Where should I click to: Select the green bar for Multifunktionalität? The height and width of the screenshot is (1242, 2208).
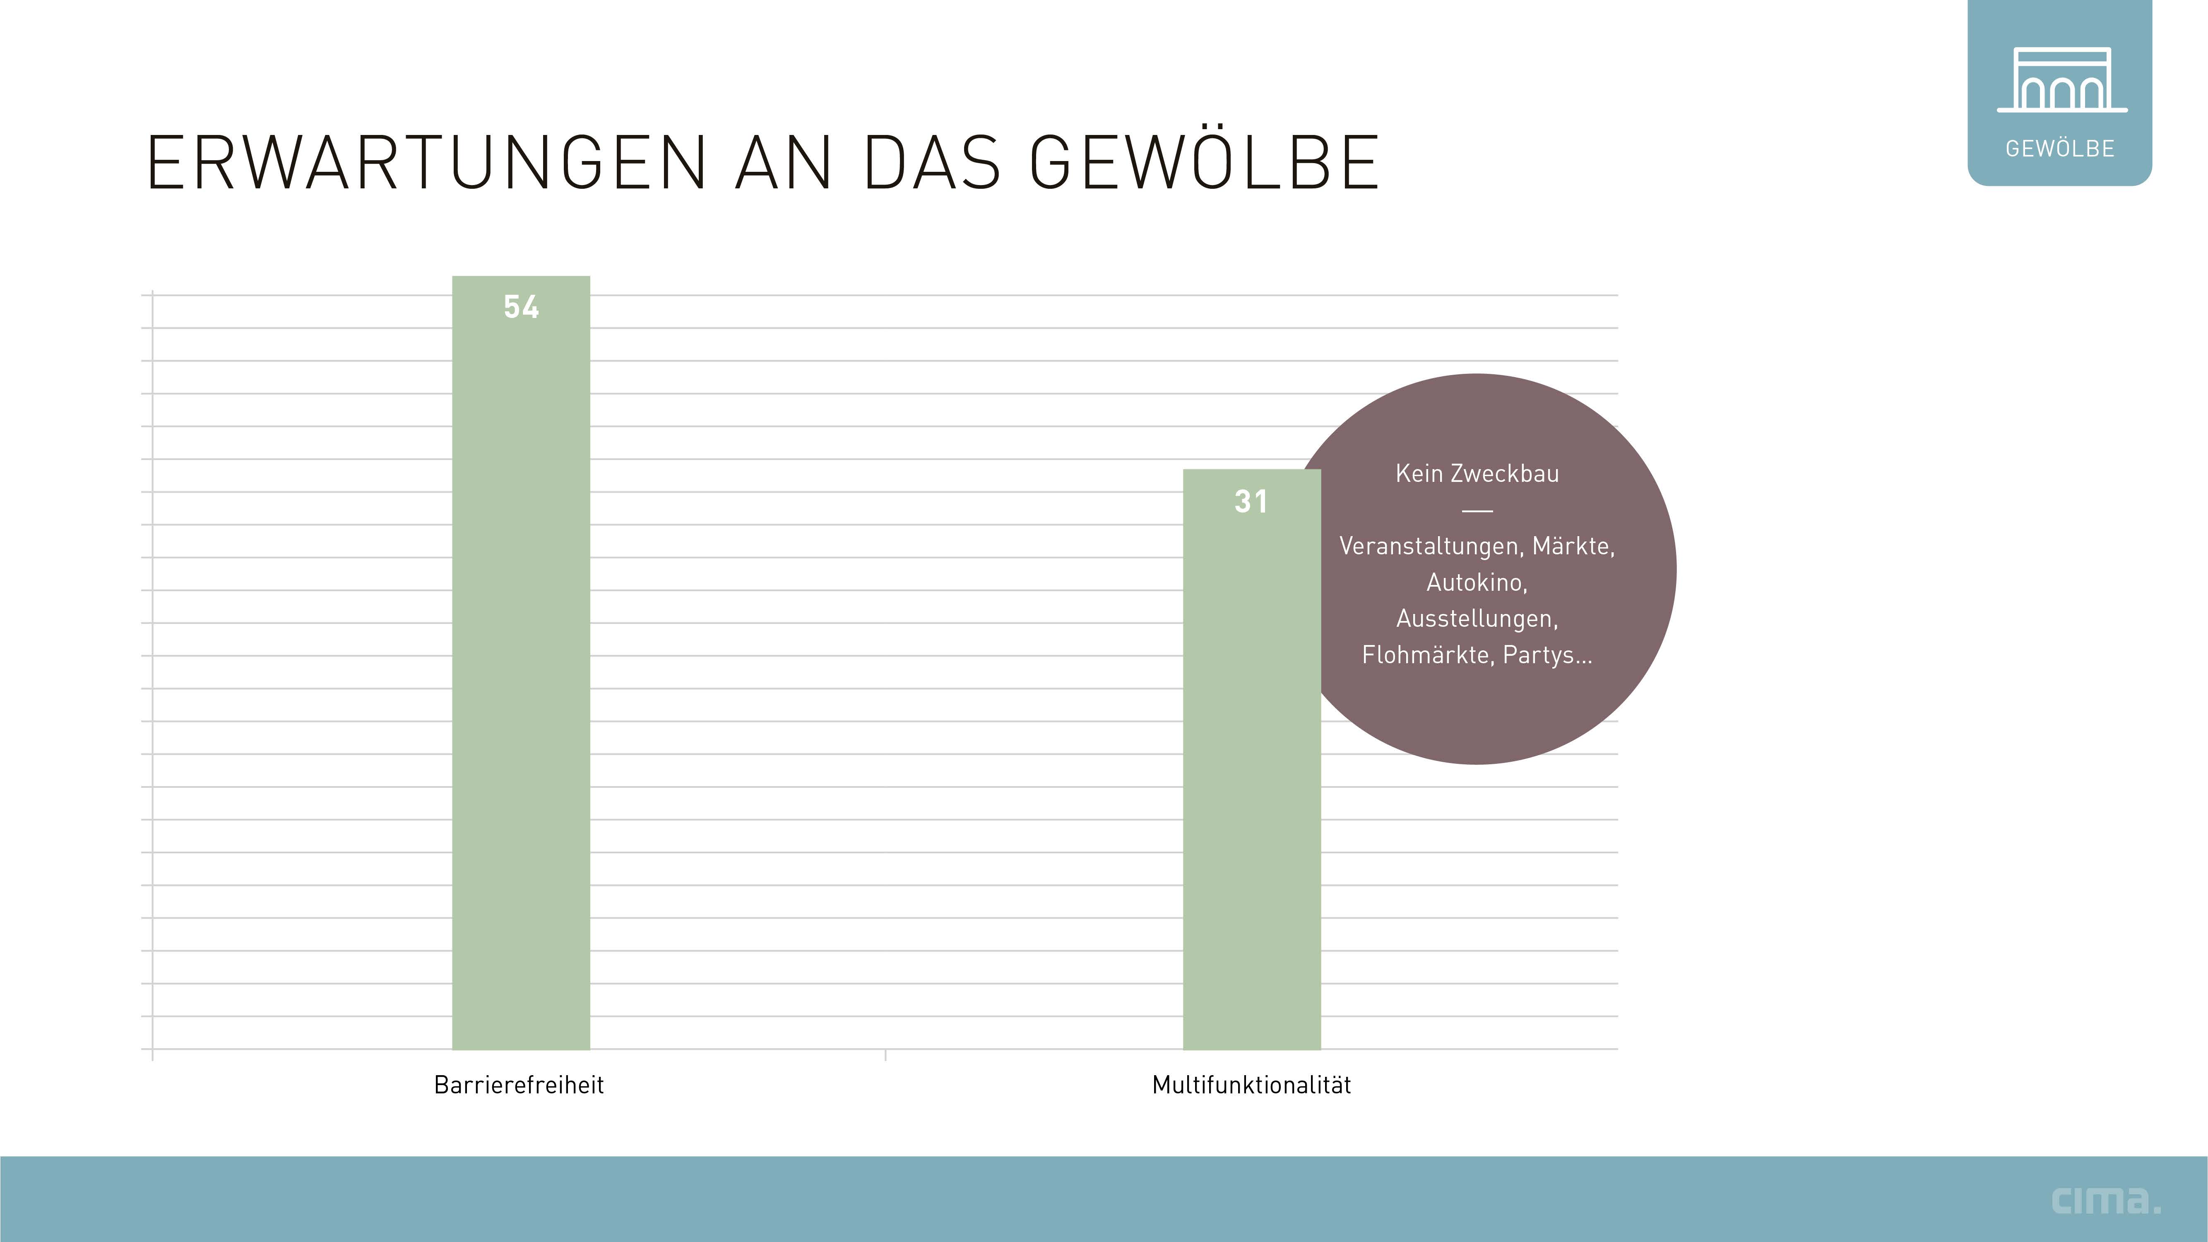point(1251,771)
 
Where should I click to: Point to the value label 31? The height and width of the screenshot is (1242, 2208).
point(1251,501)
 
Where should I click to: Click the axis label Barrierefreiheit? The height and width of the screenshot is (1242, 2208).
point(519,1085)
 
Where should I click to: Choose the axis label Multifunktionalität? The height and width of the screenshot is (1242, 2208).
point(1251,1085)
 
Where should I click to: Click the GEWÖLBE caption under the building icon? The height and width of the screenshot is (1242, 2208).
point(2060,149)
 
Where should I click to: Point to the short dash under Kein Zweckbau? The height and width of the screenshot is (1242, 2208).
point(1477,511)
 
